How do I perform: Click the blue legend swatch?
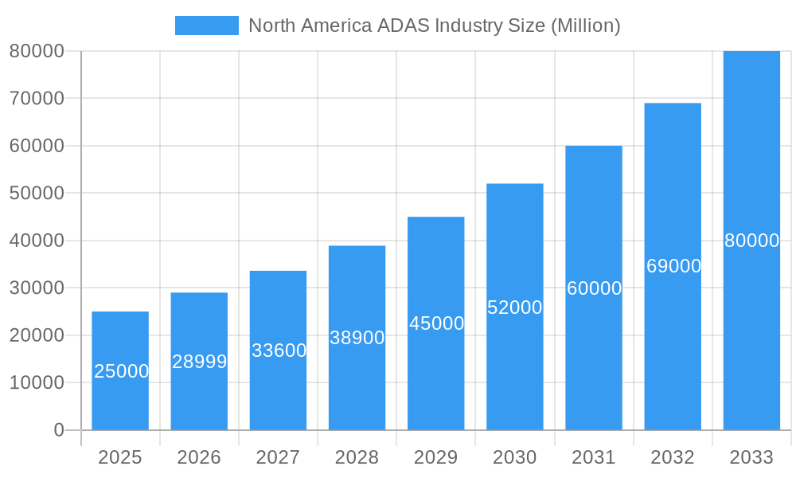pos(206,25)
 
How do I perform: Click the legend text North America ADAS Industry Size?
pos(434,25)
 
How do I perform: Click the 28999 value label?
pos(199,362)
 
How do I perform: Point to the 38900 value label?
pos(357,338)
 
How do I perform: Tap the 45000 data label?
pos(436,323)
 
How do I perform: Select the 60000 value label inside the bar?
pos(594,288)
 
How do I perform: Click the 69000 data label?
pos(673,266)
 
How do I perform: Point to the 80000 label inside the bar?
pos(751,241)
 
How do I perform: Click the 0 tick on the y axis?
pos(58,430)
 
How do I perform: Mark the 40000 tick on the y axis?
pos(36,241)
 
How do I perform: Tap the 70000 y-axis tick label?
pos(36,99)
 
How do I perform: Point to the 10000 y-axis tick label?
pos(36,383)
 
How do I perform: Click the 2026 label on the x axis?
pos(199,457)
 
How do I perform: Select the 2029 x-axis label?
pos(436,457)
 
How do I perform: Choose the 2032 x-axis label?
pos(673,457)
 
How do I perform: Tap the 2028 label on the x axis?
pos(357,457)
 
